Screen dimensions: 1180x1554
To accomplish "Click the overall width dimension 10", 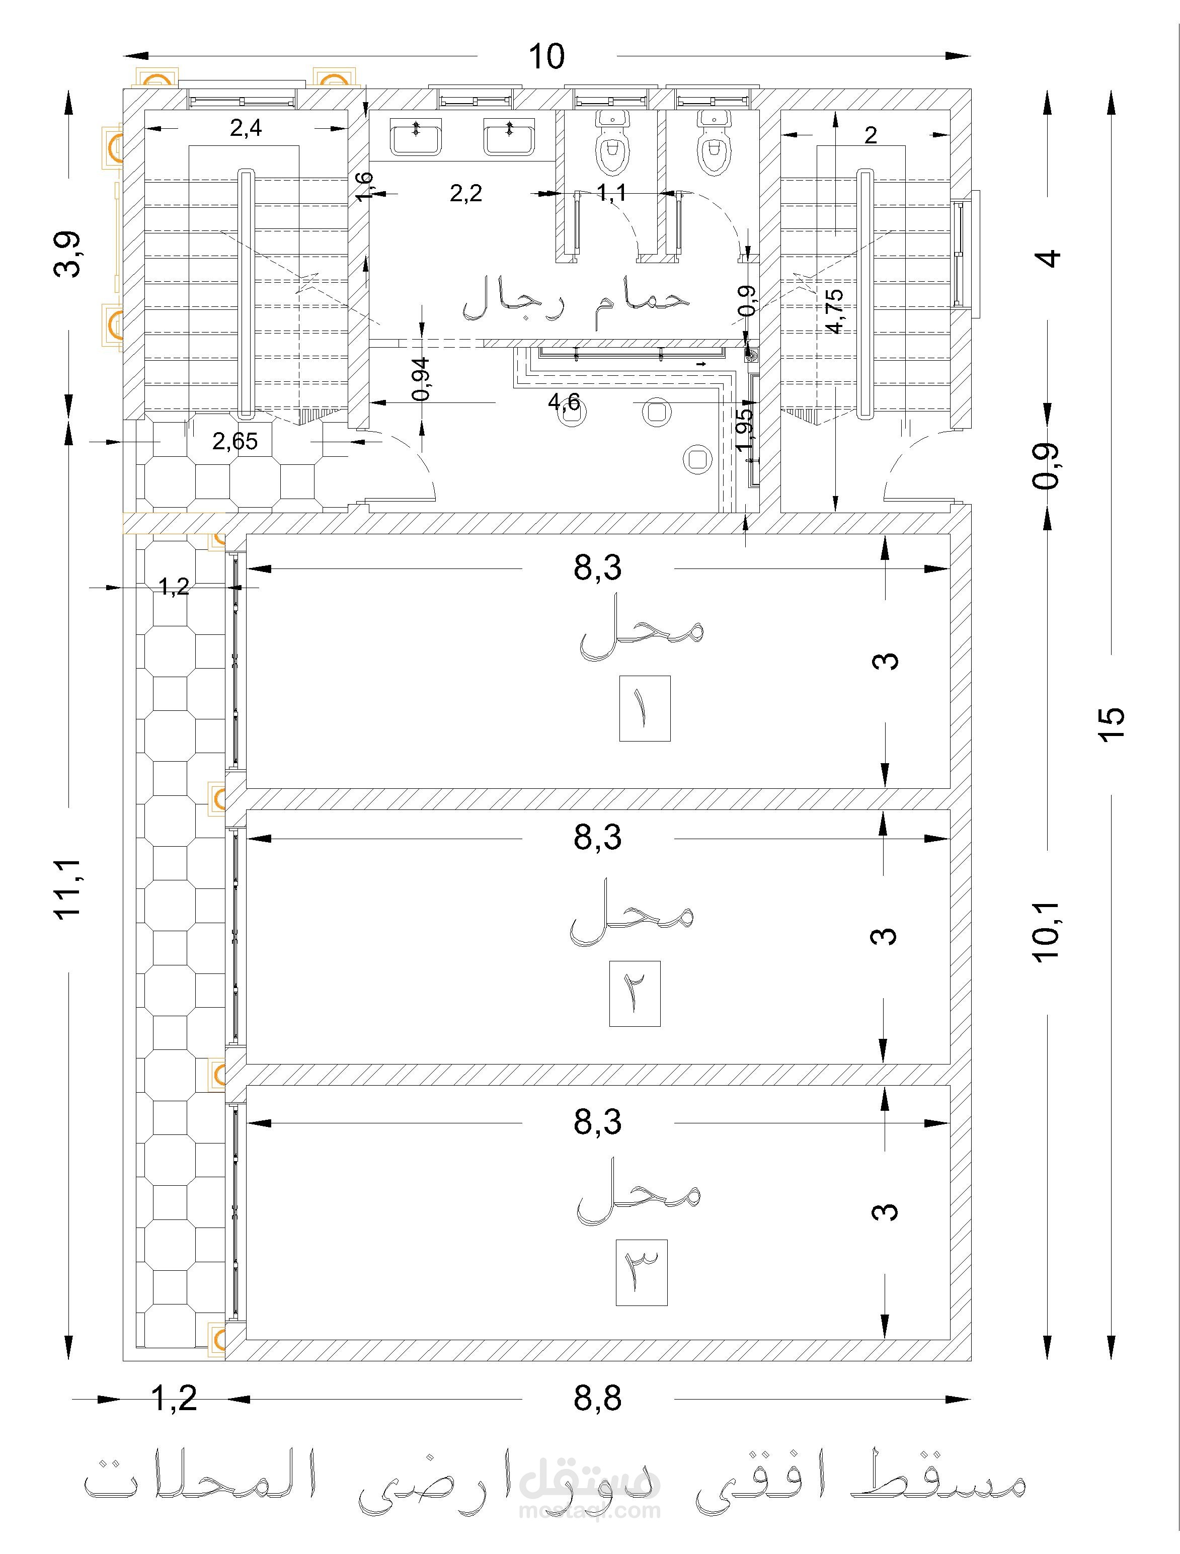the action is [546, 57].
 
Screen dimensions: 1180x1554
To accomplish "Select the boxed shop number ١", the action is [645, 708].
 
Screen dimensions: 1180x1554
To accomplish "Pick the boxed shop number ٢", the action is [635, 994].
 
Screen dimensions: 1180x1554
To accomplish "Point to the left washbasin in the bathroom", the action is [417, 136].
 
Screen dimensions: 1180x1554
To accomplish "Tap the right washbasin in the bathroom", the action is [509, 136].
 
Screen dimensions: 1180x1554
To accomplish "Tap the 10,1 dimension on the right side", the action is [1046, 932].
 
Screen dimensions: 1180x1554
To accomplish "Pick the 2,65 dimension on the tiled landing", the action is [235, 441].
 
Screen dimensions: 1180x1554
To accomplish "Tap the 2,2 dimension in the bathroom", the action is [466, 193].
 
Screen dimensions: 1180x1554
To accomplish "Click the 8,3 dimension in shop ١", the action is [597, 567].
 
